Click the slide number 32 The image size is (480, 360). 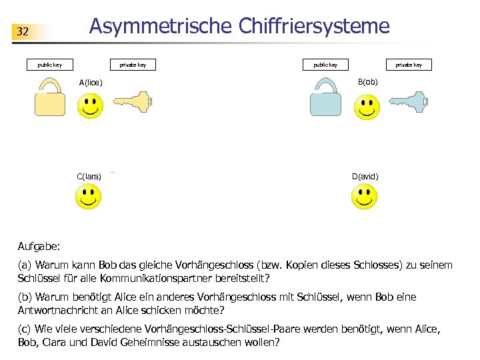point(23,31)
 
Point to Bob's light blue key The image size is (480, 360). point(407,101)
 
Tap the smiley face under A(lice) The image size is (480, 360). point(90,105)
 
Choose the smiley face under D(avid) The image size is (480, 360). point(364,196)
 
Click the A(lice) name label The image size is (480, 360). point(91,83)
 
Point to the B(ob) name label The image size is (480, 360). point(368,81)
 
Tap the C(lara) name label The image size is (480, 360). point(89,177)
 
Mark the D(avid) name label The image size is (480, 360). point(365,177)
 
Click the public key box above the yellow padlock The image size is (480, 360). point(49,65)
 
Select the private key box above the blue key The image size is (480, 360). point(409,65)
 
